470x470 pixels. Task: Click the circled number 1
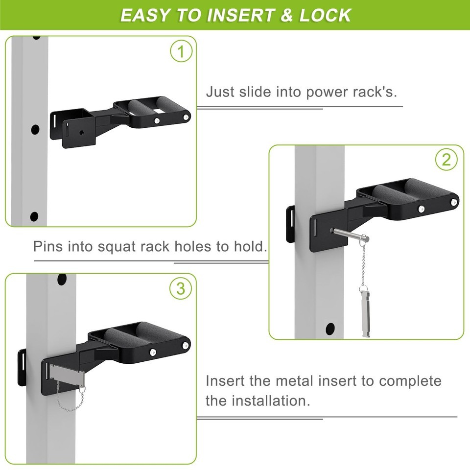[181, 51]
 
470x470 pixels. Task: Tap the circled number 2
[446, 160]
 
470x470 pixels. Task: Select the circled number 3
[181, 288]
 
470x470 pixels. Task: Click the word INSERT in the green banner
[240, 15]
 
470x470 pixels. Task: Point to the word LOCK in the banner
[325, 15]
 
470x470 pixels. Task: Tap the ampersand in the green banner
[287, 15]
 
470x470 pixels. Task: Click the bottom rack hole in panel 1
[34, 216]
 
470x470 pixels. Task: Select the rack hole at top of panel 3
[62, 279]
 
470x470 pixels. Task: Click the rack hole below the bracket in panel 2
[330, 329]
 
